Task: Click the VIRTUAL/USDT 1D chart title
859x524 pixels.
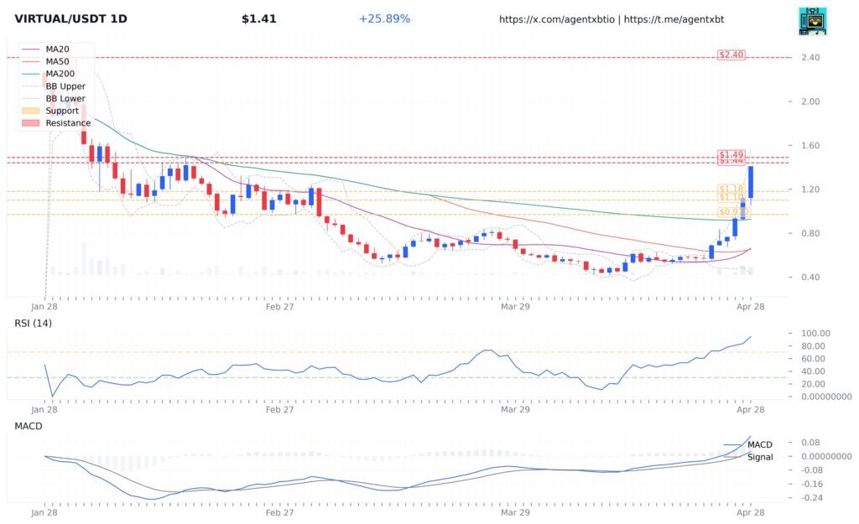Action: click(x=70, y=18)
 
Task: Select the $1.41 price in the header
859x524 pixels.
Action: click(x=258, y=18)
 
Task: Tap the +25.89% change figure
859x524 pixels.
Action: click(x=384, y=18)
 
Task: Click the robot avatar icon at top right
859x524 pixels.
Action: click(x=812, y=21)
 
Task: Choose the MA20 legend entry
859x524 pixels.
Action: click(x=59, y=49)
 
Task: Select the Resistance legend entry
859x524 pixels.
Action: click(x=67, y=123)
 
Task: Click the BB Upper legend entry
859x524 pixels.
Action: click(x=65, y=86)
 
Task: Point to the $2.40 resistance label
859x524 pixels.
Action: click(x=731, y=55)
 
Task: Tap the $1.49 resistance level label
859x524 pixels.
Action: click(x=731, y=155)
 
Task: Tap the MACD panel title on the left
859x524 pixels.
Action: click(x=28, y=426)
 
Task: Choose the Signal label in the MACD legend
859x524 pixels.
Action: click(x=760, y=457)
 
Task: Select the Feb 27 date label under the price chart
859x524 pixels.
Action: click(x=279, y=307)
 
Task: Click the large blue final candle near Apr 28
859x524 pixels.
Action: click(x=751, y=182)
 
